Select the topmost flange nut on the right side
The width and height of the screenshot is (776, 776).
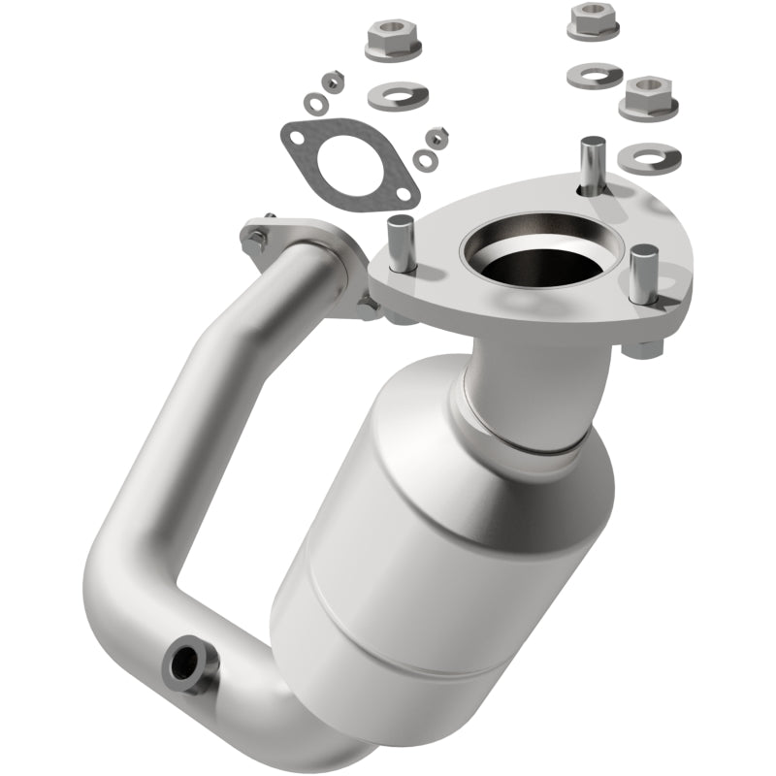[594, 19]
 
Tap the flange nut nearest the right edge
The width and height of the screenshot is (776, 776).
[648, 96]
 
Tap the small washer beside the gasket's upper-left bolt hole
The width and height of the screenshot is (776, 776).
[316, 101]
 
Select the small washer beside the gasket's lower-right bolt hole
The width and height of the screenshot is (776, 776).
[423, 159]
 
